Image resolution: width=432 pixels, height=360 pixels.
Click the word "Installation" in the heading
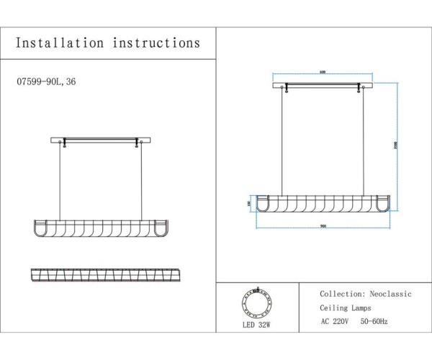click(x=60, y=43)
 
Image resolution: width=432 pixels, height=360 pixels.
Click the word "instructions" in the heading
click(x=156, y=43)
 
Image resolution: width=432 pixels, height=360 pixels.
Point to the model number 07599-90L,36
click(x=45, y=82)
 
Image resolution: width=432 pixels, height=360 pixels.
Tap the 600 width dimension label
click(x=322, y=72)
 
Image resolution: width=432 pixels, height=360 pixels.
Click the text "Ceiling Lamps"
click(x=346, y=308)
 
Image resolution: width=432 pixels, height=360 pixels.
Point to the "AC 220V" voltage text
click(x=336, y=322)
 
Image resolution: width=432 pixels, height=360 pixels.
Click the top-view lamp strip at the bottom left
click(x=104, y=275)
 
